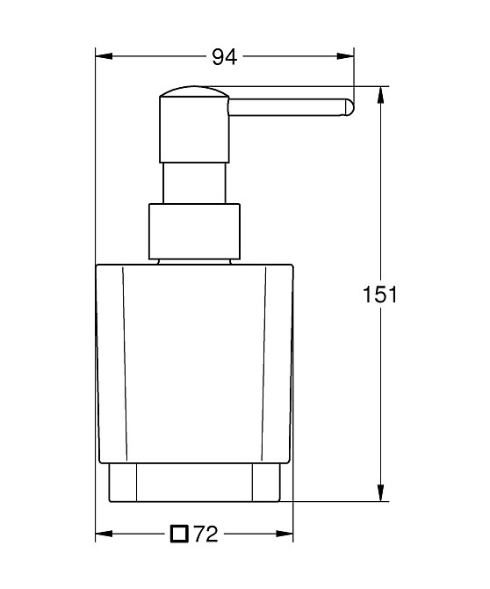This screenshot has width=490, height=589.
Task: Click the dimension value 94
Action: (x=225, y=58)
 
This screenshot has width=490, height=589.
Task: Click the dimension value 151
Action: (x=380, y=294)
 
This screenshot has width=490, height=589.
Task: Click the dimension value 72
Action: (x=205, y=533)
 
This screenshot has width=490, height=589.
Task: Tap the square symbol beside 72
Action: (x=180, y=533)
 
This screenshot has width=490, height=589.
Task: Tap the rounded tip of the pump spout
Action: (x=349, y=107)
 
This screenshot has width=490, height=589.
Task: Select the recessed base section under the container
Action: (x=194, y=484)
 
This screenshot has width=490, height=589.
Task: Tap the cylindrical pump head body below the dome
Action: (x=193, y=132)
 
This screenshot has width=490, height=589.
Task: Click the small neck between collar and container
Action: (x=194, y=260)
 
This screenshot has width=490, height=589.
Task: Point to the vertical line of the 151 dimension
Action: (x=380, y=220)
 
